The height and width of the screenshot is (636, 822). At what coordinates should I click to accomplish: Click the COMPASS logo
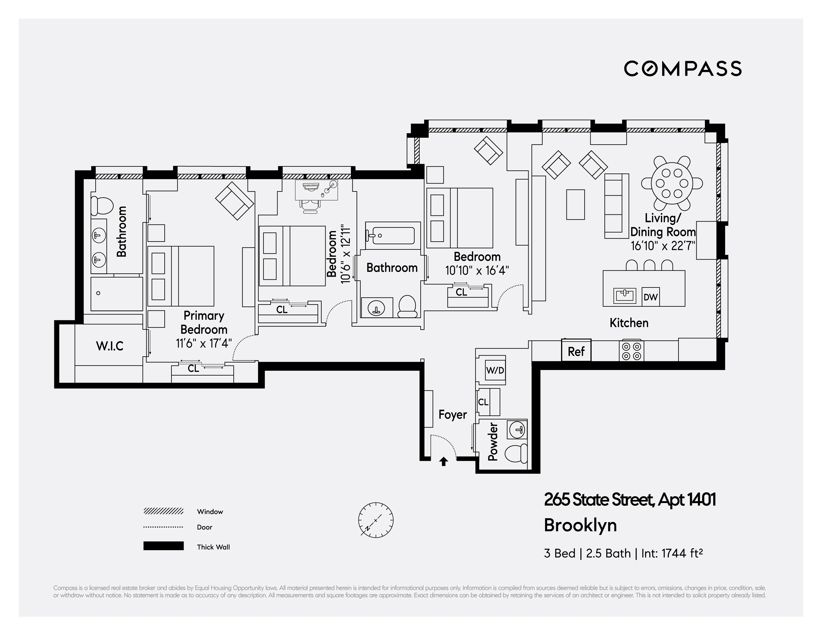pos(682,68)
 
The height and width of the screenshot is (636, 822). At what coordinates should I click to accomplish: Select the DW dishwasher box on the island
pos(650,297)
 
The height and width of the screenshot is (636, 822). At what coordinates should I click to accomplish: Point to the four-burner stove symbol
pos(631,350)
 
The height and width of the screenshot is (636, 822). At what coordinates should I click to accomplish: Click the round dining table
pos(672,183)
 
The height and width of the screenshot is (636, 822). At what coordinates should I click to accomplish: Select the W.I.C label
pos(110,346)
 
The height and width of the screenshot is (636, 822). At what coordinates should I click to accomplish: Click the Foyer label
pos(452,415)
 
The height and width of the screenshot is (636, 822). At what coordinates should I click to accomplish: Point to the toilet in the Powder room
pos(516,453)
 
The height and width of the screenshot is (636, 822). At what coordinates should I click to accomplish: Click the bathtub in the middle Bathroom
pos(392,235)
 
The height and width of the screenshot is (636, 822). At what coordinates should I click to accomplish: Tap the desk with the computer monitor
pos(316,189)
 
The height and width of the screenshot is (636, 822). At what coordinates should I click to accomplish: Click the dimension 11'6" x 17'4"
pos(204,343)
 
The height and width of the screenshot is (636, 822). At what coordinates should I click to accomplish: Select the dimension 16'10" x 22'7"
pos(663,246)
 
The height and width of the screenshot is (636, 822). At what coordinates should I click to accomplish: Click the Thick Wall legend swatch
pos(163,546)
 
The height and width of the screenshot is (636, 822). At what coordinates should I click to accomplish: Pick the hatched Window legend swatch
pos(163,511)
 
